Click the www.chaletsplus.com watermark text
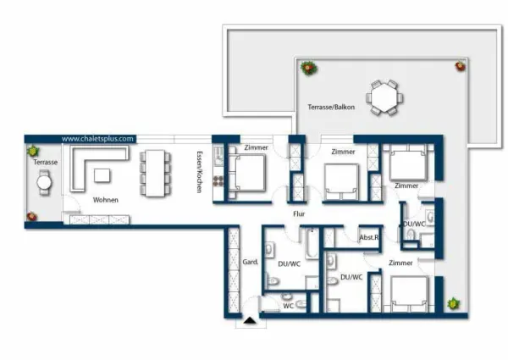tap(97, 139)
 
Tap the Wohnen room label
tap(106, 200)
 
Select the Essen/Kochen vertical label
tap(199, 172)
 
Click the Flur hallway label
tap(299, 213)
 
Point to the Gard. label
tap(251, 262)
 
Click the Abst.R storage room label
tap(368, 237)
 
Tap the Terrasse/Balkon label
tap(331, 107)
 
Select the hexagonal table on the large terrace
tap(384, 97)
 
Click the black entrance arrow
tap(250, 320)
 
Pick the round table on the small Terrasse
tap(44, 182)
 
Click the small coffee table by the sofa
tap(102, 175)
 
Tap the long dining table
tap(155, 173)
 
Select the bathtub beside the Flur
tap(312, 243)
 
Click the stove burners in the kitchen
tap(218, 181)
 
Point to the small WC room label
tap(289, 306)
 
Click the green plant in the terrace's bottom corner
tap(453, 303)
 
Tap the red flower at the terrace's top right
tap(460, 66)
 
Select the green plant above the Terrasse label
tap(33, 151)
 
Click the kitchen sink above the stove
tap(218, 156)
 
